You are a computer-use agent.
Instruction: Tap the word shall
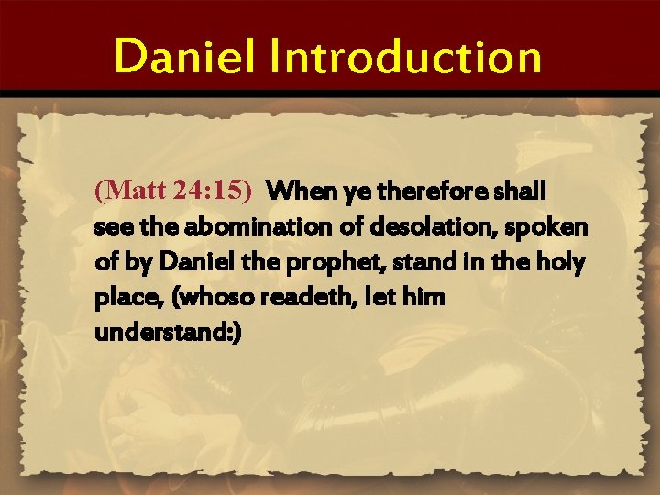pyautogui.click(x=522, y=192)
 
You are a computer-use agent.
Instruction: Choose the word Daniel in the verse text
pyautogui.click(x=192, y=262)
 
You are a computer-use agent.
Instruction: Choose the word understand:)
pyautogui.click(x=168, y=332)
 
